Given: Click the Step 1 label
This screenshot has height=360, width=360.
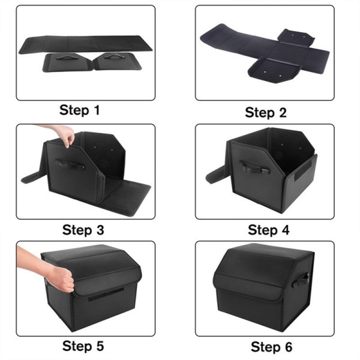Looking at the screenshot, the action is pos(79,110).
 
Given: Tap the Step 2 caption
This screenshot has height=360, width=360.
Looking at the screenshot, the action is pos(266,113).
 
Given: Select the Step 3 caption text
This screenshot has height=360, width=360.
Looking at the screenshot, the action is pos(83,230).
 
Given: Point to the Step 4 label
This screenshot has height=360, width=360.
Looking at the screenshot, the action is pos(269,230).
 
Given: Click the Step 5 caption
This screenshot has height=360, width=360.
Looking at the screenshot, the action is pos(83,346).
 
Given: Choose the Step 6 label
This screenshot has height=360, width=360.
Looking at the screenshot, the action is pos(271,347).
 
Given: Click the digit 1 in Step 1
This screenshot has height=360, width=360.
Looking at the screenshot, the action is pos(97,110).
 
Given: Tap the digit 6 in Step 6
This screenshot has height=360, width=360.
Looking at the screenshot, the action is pos(289,347).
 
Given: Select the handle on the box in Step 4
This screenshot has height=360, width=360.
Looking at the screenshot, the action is pos(255,168).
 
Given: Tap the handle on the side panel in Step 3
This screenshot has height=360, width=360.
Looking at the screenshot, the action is pos(70,164).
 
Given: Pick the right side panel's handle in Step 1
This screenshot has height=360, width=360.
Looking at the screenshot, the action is pos(113,56).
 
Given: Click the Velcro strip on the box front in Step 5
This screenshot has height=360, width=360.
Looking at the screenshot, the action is pos(106,295).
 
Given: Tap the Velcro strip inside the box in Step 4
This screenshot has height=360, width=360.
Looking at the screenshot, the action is pos(303,170).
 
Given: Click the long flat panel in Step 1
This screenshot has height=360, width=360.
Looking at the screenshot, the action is pos(85,44).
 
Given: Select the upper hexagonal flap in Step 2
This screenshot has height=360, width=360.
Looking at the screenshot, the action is pos(296,37).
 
